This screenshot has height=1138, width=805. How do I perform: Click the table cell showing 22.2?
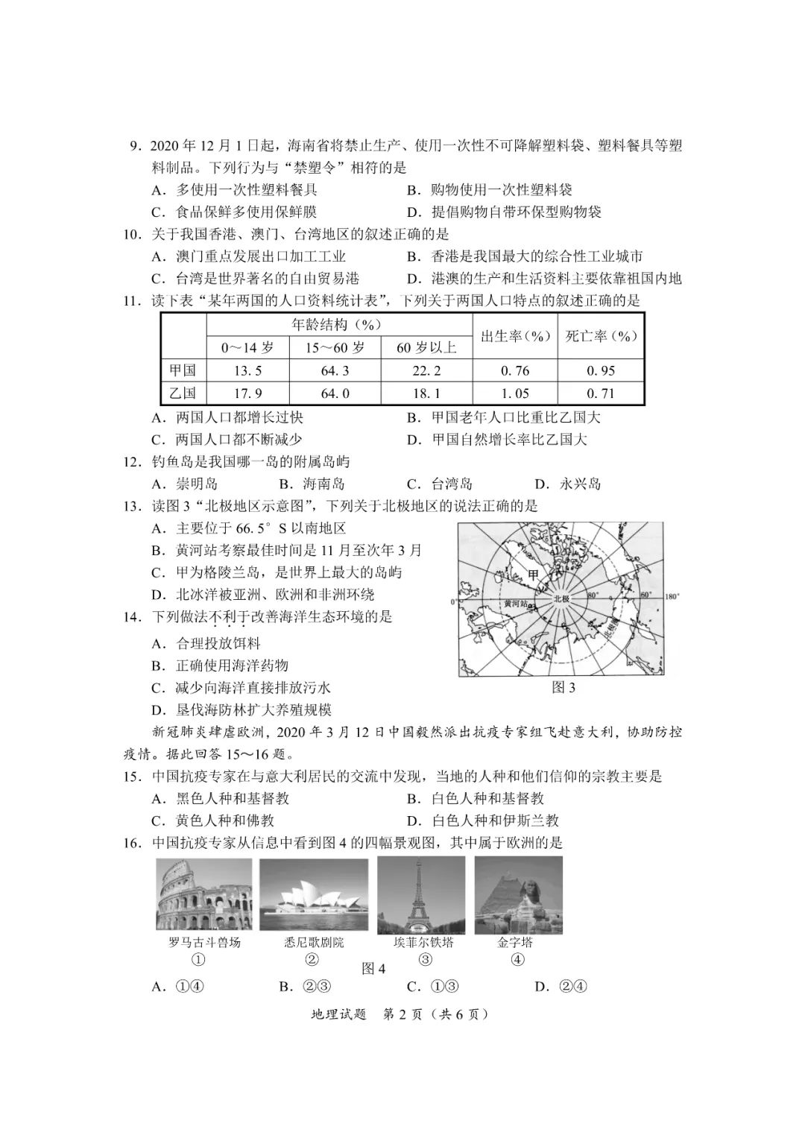tap(426, 371)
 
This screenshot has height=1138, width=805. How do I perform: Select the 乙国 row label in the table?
tap(183, 393)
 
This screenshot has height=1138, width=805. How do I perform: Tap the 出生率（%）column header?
tap(515, 336)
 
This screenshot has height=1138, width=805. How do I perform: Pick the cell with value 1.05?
tap(515, 393)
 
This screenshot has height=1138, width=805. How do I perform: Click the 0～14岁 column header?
tap(247, 347)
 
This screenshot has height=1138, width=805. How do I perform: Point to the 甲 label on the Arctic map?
tap(532, 575)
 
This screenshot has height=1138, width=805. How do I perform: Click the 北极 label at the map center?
tap(561, 598)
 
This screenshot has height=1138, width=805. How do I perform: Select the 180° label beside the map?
tap(671, 596)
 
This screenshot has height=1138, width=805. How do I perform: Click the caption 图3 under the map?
tap(563, 688)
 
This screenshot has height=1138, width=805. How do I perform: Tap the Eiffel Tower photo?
tap(421, 895)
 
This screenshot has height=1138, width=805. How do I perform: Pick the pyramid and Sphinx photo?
tap(518, 895)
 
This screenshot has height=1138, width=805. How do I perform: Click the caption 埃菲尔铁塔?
tap(423, 942)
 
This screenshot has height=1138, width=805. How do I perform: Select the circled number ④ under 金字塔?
tap(517, 960)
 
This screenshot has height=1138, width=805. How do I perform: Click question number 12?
tap(132, 462)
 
